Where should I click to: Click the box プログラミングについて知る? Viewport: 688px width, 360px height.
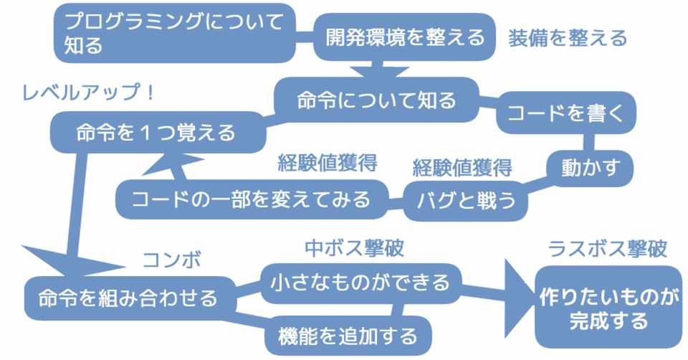[175, 33]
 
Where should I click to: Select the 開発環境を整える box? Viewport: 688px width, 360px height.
[404, 37]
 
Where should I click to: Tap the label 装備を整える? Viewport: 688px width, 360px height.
[568, 38]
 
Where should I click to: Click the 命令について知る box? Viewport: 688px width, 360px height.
[376, 100]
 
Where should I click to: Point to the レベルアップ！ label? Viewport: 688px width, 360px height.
[87, 93]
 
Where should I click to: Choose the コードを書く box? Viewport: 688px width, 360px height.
[566, 113]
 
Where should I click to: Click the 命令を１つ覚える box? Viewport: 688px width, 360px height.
[158, 132]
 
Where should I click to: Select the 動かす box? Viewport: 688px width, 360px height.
[590, 168]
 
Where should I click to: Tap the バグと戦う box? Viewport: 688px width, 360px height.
[466, 200]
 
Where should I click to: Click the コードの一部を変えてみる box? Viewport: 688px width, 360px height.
[252, 199]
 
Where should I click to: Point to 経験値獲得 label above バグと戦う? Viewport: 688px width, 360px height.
[462, 168]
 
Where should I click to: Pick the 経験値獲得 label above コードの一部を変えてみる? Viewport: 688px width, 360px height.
[328, 163]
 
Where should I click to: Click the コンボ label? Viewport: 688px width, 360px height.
[172, 260]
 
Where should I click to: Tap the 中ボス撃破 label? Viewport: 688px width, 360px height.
[354, 248]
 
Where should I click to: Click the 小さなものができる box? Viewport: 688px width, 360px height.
[360, 283]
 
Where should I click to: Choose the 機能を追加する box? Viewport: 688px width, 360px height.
[348, 336]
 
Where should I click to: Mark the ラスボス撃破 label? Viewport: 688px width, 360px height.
[608, 249]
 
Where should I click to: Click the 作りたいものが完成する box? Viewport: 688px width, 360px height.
[608, 308]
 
